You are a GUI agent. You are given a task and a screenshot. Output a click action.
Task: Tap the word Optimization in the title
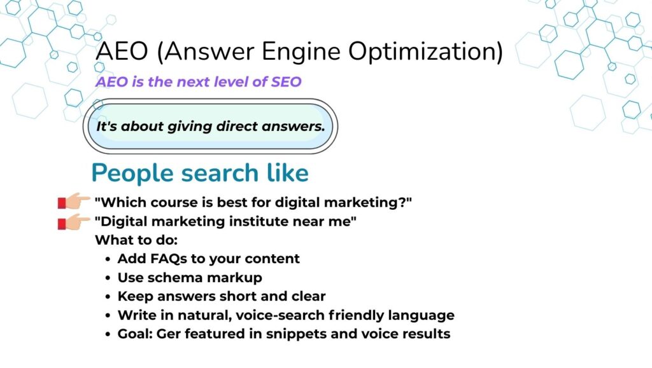tap(425, 52)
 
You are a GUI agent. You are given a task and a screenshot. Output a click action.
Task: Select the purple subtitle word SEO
tap(286, 82)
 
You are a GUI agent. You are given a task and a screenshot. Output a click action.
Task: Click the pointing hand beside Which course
tap(74, 201)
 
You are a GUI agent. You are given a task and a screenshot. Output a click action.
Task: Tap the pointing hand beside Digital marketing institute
tap(74, 221)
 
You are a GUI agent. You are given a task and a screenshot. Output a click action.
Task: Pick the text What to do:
tap(136, 240)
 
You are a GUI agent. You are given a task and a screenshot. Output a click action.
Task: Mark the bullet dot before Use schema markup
tap(108, 278)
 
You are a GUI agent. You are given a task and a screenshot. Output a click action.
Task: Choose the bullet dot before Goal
tap(108, 334)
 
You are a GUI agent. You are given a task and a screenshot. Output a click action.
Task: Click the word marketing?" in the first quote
tap(367, 203)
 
